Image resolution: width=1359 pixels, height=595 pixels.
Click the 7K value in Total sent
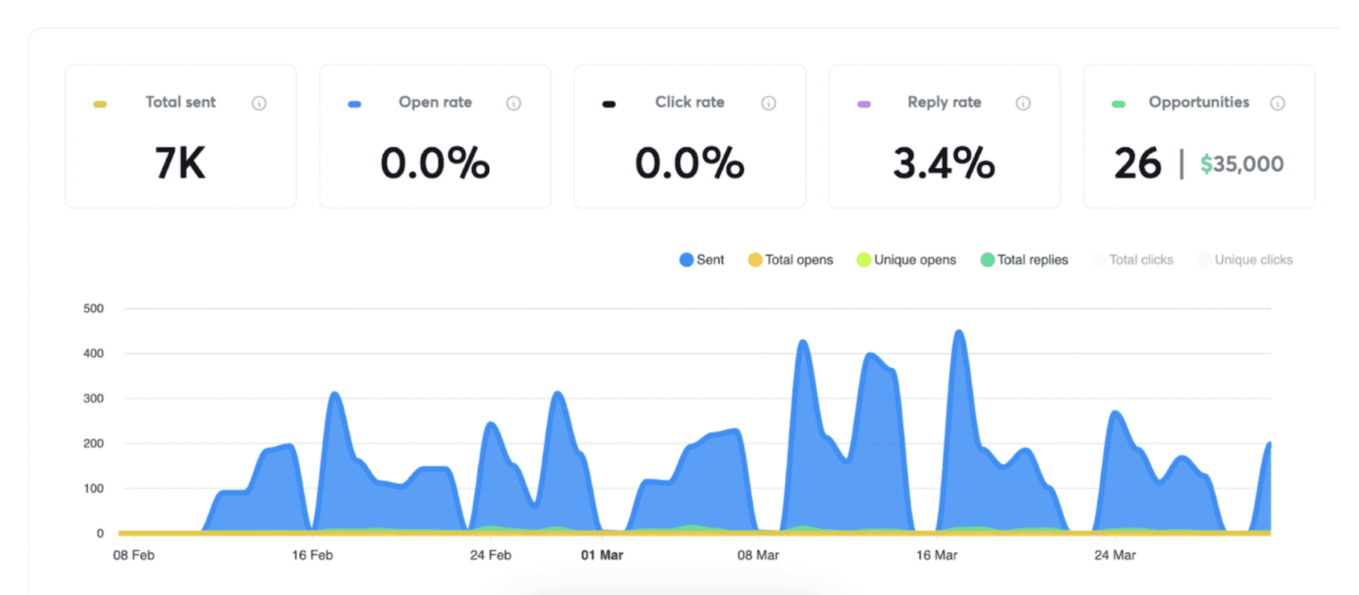[180, 163]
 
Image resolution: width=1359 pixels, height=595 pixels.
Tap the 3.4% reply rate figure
[944, 163]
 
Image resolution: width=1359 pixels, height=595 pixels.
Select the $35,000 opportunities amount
[1242, 164]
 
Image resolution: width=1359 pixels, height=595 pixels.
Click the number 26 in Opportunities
[1137, 163]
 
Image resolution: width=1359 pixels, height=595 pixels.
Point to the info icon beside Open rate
[514, 103]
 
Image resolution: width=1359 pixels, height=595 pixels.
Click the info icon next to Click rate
[769, 103]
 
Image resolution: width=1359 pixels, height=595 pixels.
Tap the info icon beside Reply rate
[1023, 103]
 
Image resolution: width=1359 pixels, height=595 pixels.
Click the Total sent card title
[180, 102]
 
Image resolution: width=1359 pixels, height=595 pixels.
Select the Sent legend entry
[702, 260]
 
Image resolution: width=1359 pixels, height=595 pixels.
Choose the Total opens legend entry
[791, 260]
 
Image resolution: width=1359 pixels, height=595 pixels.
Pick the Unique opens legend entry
[907, 260]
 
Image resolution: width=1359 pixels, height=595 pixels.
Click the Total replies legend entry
[1024, 260]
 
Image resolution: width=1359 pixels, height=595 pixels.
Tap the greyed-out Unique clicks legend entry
[1246, 260]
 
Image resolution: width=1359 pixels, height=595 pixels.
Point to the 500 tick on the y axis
[93, 308]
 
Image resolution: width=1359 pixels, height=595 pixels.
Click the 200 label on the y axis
[93, 444]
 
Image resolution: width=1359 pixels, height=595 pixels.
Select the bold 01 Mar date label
[602, 555]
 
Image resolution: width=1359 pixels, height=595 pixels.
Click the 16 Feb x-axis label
[312, 555]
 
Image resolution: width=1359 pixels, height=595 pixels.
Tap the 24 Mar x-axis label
[1115, 555]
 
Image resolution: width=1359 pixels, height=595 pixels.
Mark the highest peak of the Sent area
[959, 331]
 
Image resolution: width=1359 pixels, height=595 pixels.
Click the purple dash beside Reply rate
[864, 104]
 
